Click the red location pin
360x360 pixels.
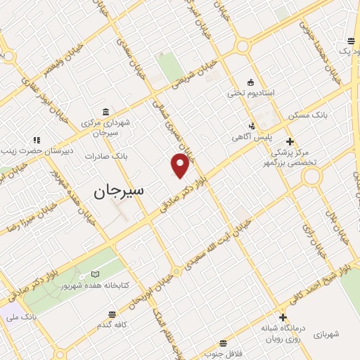(181, 165)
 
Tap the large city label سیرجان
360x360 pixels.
(118, 190)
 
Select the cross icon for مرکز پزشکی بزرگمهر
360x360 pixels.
(289, 141)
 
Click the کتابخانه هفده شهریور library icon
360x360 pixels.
(95, 275)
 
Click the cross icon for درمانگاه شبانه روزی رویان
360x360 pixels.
(283, 317)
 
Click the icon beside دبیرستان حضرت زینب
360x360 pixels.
(37, 140)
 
